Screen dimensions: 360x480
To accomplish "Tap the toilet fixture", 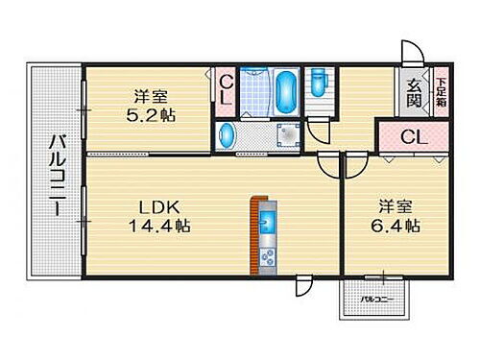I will (319, 84).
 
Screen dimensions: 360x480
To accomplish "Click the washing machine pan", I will (285, 135).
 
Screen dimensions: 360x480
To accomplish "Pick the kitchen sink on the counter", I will (267, 224).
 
